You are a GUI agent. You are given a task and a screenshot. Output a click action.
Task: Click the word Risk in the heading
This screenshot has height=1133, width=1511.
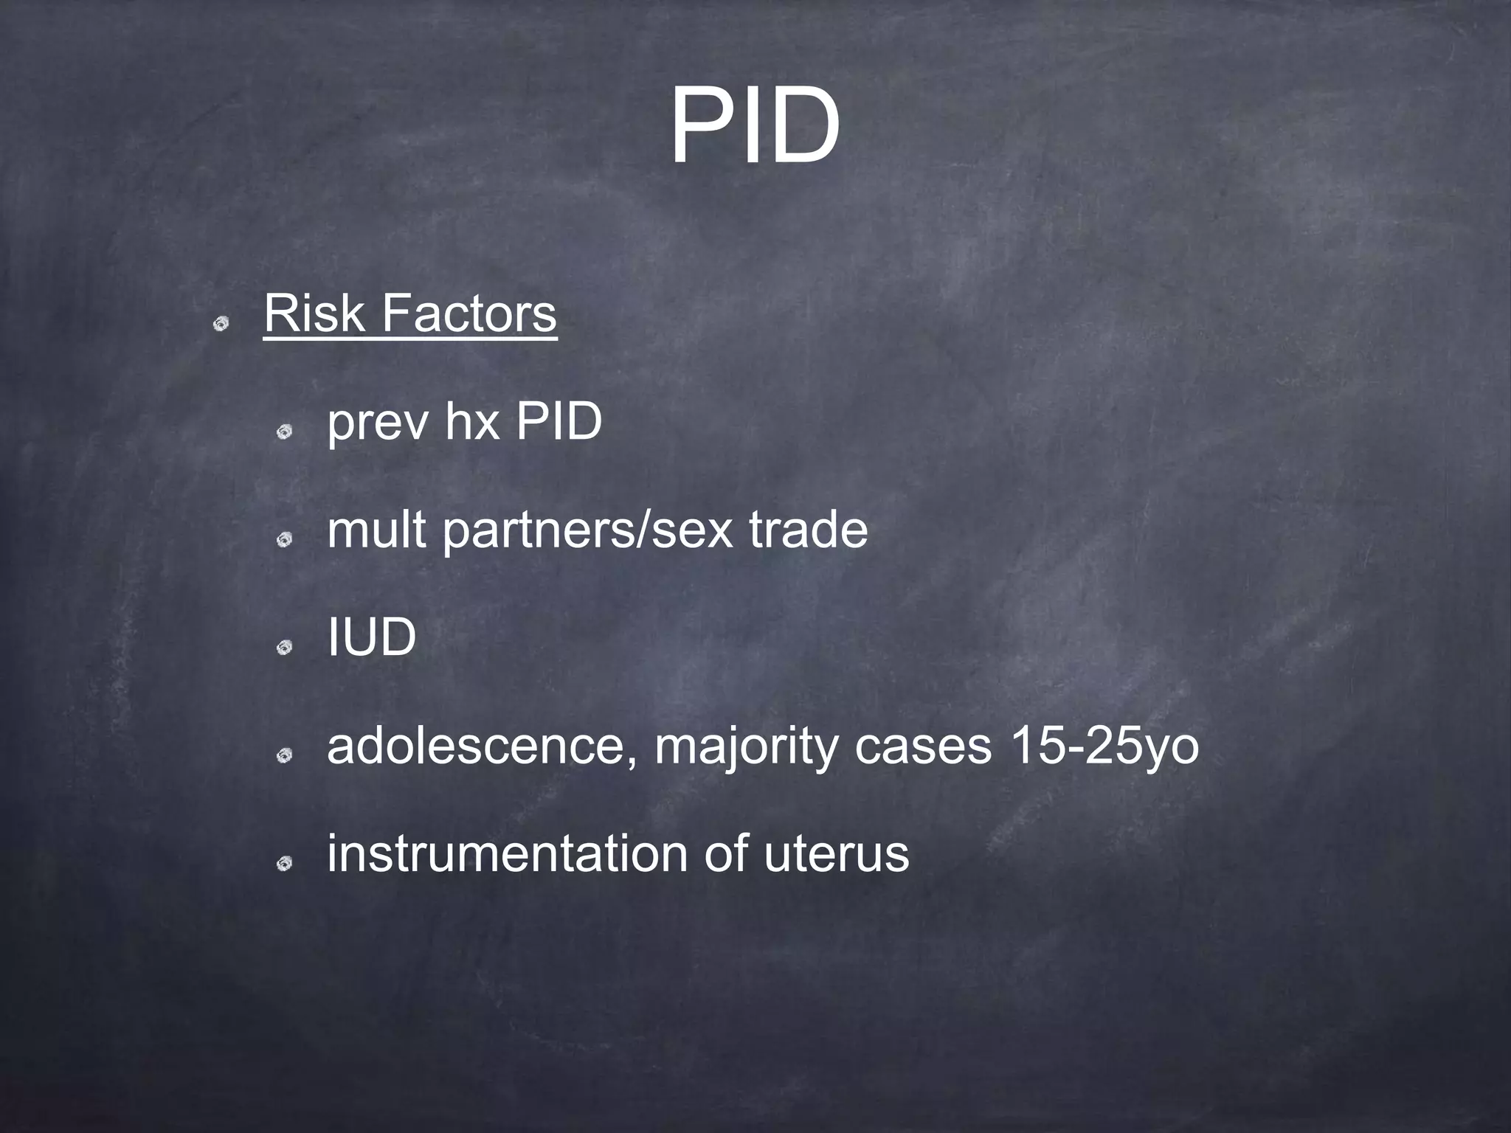[314, 313]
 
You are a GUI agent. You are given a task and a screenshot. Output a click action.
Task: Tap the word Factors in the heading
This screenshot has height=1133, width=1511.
[468, 313]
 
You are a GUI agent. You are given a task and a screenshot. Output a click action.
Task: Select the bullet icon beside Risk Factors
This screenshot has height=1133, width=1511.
[220, 323]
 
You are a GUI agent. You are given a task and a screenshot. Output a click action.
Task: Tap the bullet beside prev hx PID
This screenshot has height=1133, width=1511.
[285, 432]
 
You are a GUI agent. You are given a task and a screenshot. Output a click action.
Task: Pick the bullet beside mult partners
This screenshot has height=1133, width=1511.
[285, 541]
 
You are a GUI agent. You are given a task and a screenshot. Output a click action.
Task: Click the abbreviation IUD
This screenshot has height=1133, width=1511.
[372, 637]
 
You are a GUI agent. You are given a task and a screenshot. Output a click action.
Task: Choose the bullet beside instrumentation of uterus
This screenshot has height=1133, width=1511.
[285, 863]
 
